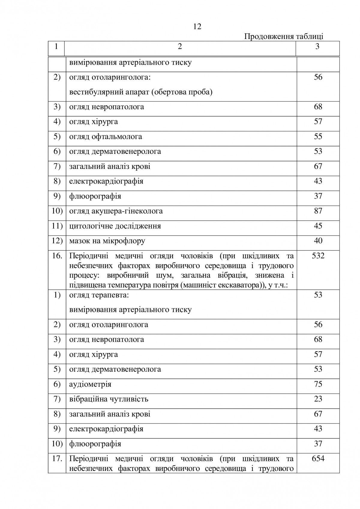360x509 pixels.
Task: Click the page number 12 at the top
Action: coord(197,27)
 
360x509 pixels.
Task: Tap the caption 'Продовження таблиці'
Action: coord(283,37)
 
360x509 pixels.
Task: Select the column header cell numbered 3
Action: coord(317,46)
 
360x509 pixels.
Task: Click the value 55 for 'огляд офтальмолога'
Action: coord(318,136)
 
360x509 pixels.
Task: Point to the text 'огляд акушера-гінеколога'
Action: coord(116,211)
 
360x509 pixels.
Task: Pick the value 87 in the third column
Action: coord(318,211)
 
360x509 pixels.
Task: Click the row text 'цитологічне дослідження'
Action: coord(115,226)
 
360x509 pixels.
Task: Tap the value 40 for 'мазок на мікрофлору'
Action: coord(318,241)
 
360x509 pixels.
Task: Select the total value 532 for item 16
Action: coord(318,256)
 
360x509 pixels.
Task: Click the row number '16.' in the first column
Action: coord(57,256)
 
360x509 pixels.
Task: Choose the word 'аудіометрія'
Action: coord(90,384)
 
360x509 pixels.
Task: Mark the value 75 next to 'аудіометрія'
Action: coord(318,384)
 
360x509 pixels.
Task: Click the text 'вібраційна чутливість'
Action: coord(109,399)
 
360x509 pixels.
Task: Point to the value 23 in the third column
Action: coord(318,399)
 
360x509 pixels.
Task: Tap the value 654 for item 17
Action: coord(318,458)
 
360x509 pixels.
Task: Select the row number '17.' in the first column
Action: coord(57,459)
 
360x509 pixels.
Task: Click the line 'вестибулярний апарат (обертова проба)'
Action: coord(141,92)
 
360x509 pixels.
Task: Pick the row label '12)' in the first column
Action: coord(57,241)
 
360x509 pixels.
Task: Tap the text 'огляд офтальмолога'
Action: coord(106,137)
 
